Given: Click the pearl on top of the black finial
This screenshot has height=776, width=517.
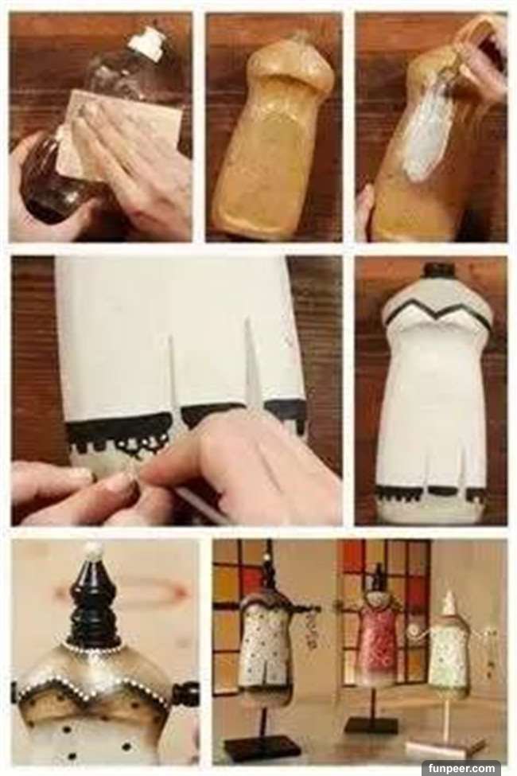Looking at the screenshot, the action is click(94, 550).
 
